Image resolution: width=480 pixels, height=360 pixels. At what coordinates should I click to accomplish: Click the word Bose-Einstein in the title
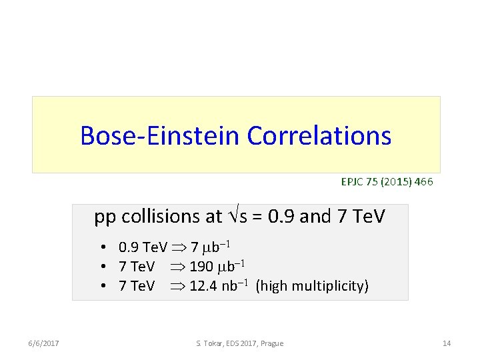pos(161,135)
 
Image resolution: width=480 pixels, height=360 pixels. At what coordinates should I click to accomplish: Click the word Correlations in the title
pos(319,135)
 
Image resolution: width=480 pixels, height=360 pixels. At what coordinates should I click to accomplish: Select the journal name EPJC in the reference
pos(352,181)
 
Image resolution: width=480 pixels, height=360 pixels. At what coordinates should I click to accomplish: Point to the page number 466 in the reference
pos(422,181)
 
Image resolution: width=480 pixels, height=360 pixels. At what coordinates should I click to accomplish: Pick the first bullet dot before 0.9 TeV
pos(105,248)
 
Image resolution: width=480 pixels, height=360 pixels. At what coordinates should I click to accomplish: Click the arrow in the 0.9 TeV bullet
pos(179,248)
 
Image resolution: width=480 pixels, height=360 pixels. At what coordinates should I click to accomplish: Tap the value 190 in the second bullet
pos(201,267)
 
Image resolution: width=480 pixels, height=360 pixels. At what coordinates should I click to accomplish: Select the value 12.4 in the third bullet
pos(203,287)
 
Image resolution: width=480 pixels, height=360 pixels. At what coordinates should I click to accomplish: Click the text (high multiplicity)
pos(312,287)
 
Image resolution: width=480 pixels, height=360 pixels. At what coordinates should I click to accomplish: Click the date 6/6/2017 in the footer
pos(44,343)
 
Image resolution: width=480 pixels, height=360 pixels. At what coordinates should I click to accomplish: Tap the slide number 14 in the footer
pos(447,343)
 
